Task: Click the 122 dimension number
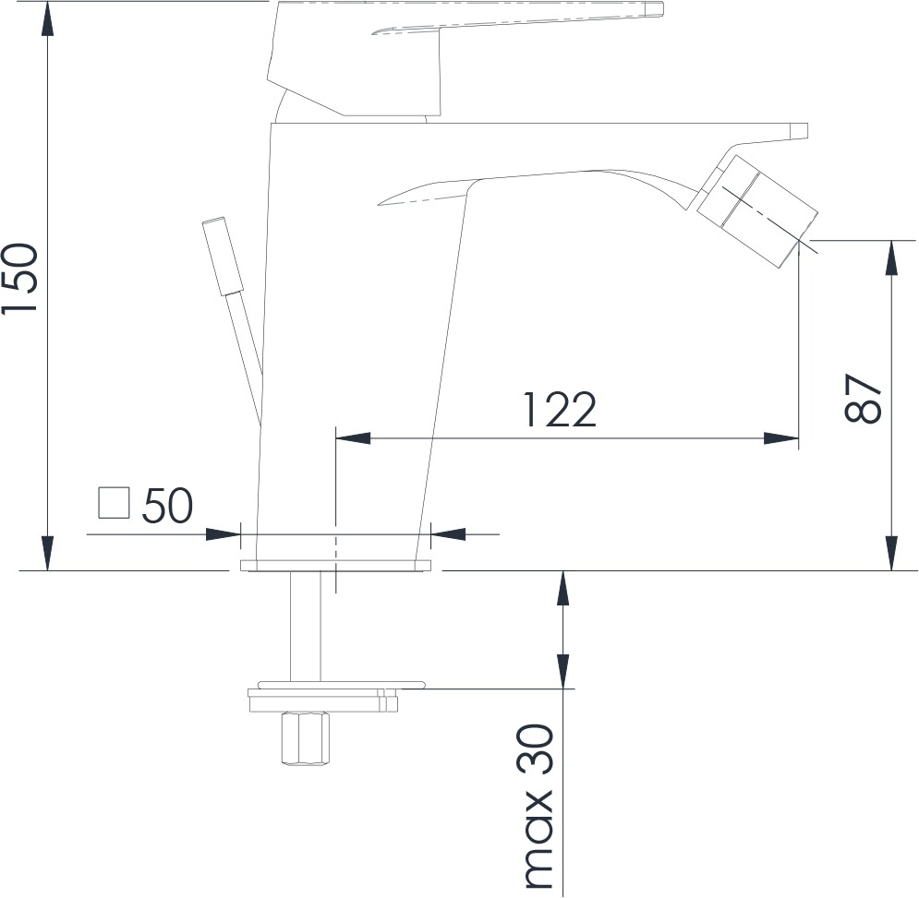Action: [x=559, y=410]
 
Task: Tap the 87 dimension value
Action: [x=863, y=398]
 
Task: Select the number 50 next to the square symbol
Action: [x=167, y=505]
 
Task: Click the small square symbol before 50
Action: [x=114, y=504]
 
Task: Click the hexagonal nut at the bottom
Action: [x=306, y=738]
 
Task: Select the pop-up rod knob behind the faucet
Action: [x=223, y=256]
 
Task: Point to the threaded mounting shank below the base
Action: [x=306, y=627]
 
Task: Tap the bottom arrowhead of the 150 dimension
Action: [x=48, y=553]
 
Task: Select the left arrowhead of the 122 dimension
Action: [x=353, y=438]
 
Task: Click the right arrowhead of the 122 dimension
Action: [x=781, y=438]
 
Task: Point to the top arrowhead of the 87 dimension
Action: [x=892, y=257]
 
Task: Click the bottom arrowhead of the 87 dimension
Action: [x=892, y=553]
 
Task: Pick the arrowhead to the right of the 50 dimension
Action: [x=448, y=534]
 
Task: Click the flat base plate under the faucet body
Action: [x=335, y=565]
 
